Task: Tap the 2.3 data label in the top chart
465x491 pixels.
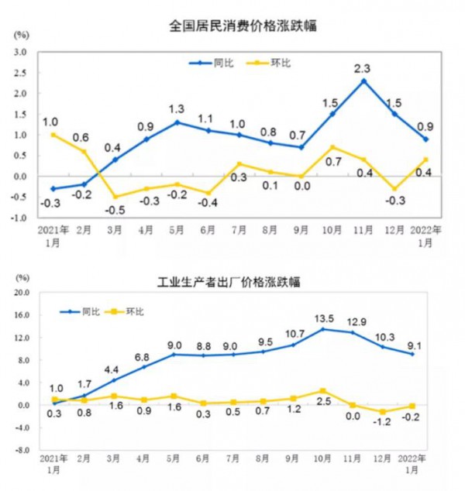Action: click(362, 68)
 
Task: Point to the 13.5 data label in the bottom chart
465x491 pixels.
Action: click(323, 318)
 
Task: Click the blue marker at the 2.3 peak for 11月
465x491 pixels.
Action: click(363, 81)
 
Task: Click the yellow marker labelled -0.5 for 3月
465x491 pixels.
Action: click(115, 197)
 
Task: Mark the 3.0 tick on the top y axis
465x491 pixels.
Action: click(21, 52)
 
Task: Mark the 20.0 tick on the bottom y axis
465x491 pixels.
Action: click(21, 294)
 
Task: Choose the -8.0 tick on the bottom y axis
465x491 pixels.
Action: click(21, 450)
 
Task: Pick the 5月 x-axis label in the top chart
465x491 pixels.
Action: click(177, 230)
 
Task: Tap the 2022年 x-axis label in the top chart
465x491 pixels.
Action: click(426, 230)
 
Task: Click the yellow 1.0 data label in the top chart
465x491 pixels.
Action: click(53, 122)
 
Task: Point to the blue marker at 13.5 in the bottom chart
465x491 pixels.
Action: click(323, 329)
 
